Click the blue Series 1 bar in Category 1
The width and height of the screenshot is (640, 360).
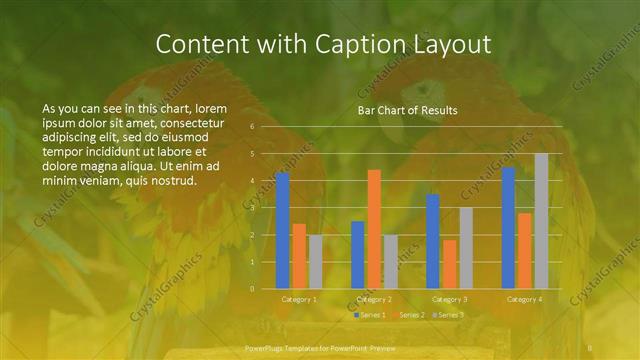(282, 230)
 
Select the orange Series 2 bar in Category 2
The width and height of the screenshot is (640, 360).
(374, 229)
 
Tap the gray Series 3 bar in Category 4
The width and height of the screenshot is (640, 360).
(541, 221)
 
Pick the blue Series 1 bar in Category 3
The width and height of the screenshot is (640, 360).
(433, 241)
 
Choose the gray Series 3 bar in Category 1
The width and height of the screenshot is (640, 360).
(315, 261)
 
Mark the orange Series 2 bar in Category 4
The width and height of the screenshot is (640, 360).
(524, 250)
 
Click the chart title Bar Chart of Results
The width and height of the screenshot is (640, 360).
(407, 110)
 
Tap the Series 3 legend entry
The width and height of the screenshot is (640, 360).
(449, 315)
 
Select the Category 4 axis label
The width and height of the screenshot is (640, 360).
(524, 299)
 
